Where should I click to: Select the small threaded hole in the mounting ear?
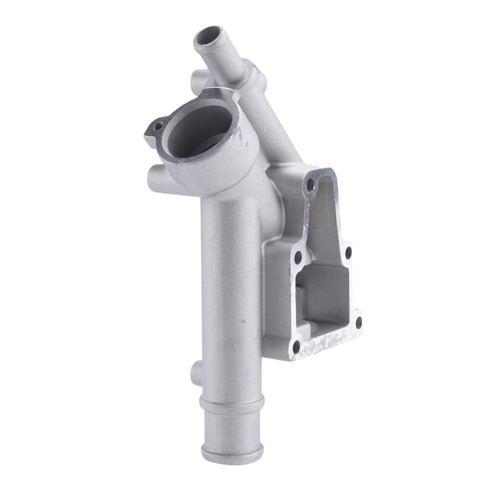[158, 126]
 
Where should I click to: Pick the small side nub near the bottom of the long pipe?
[196, 373]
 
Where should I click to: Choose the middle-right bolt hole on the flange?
[348, 251]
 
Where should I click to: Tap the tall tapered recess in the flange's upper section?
[326, 220]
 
